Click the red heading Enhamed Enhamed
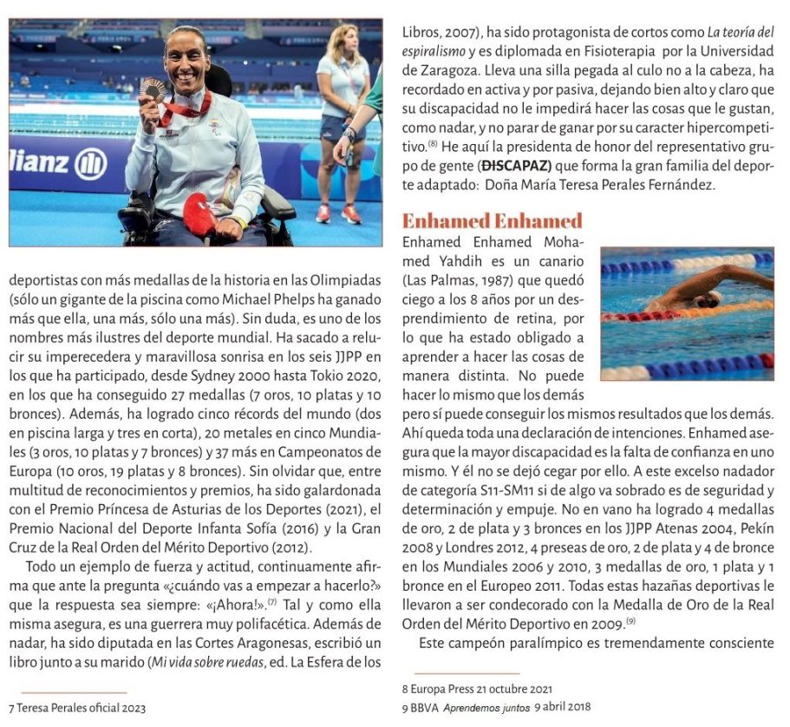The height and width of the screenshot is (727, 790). (x=492, y=220)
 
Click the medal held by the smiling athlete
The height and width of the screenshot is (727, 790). (x=153, y=89)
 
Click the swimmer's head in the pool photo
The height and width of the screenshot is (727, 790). (x=706, y=300)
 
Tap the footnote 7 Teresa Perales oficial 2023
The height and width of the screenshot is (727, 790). (x=77, y=708)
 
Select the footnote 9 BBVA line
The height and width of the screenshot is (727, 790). (x=496, y=706)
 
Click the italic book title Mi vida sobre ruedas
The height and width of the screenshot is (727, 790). (x=233, y=664)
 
